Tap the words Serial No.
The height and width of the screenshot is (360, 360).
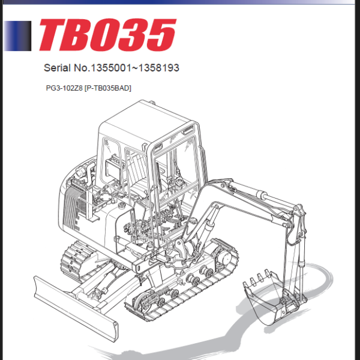[x=64, y=68]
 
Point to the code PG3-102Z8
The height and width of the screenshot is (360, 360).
[x=64, y=88]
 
